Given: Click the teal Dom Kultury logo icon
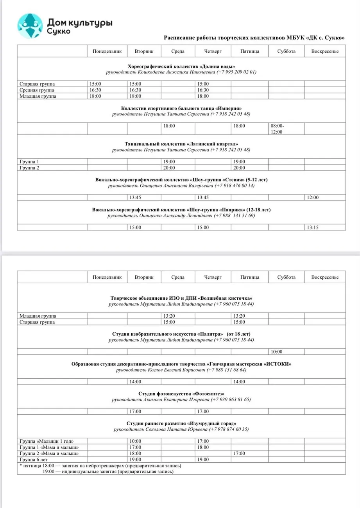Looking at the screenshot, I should [30, 26].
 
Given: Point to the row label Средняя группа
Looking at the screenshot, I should [38, 90].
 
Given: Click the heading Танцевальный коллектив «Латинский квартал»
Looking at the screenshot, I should [181, 144].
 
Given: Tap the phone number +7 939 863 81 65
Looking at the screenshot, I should [230, 400].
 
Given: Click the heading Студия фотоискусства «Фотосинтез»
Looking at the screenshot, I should [181, 394].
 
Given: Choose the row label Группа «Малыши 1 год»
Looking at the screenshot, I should [47, 441].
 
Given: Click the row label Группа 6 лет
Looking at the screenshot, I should [34, 460].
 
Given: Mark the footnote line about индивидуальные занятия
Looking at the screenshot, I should [108, 472].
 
